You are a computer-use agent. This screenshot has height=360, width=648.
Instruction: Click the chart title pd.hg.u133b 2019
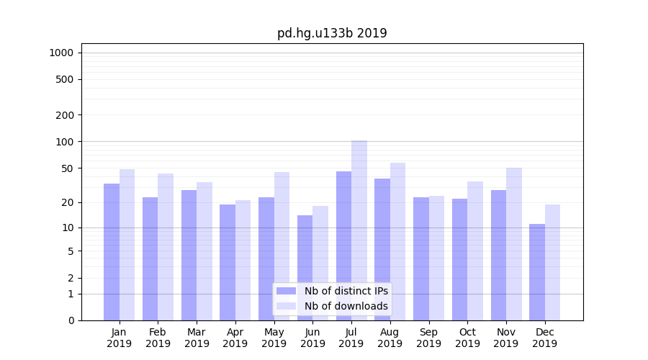332,33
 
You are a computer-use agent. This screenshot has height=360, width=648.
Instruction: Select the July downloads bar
359,230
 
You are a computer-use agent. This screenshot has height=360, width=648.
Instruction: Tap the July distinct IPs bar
343,246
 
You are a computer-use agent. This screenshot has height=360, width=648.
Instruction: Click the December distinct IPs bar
537,272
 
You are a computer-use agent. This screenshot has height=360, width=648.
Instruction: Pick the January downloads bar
127,245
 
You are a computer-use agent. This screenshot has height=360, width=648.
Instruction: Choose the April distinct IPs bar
228,262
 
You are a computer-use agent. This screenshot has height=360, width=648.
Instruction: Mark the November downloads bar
514,244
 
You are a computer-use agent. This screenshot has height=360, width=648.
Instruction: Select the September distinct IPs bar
421,258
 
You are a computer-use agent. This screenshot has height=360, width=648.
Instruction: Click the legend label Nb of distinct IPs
346,291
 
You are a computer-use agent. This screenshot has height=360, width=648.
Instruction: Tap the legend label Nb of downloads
346,306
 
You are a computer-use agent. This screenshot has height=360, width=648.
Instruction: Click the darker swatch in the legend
286,291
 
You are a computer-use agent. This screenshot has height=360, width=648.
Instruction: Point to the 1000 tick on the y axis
61,53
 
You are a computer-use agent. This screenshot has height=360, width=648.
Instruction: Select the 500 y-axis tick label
65,79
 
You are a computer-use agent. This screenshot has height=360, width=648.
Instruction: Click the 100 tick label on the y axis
65,142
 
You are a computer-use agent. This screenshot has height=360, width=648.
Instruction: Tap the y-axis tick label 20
68,202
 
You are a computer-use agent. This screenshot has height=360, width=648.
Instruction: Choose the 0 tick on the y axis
71,320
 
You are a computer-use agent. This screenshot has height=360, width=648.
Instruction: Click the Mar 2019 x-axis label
197,338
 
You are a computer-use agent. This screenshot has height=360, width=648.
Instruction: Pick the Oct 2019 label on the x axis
467,338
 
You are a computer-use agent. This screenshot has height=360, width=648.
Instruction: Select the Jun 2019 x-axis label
312,338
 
